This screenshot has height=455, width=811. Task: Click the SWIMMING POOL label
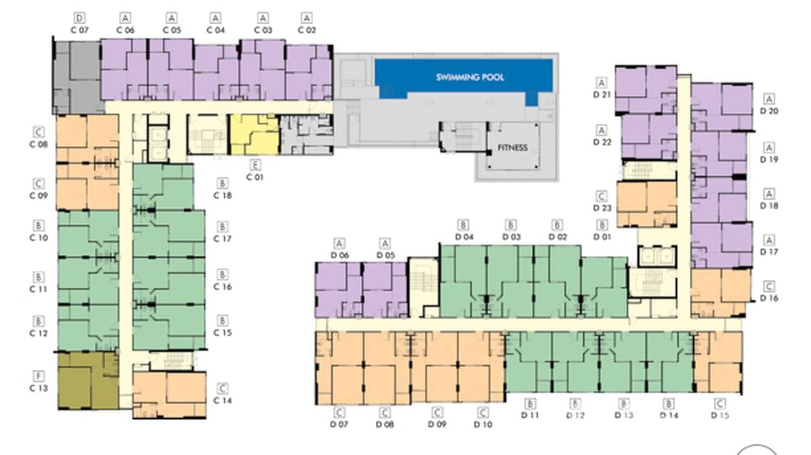pos(470,77)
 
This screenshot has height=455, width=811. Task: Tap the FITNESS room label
pos(512,147)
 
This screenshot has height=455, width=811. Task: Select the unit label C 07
pos(79,30)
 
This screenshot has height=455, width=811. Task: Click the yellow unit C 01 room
pos(254,135)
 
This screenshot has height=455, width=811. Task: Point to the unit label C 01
pos(255,177)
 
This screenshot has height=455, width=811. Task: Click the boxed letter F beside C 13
pos(38,377)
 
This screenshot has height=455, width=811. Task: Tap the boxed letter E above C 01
pos(255,165)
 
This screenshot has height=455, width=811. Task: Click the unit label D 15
pos(720,415)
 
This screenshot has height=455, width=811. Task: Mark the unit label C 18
pos(222,195)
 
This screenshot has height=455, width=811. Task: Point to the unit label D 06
pos(340,255)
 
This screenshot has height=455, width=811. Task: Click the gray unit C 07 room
pos(77,77)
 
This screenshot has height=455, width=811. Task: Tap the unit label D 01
pos(602,237)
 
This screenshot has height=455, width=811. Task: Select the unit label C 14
pos(222,400)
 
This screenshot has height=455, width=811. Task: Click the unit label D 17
pos(769,252)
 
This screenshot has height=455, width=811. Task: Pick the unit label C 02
pos(307,30)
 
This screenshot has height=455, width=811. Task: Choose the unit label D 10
pos(483,424)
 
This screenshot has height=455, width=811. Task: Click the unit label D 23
pos(602,208)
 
